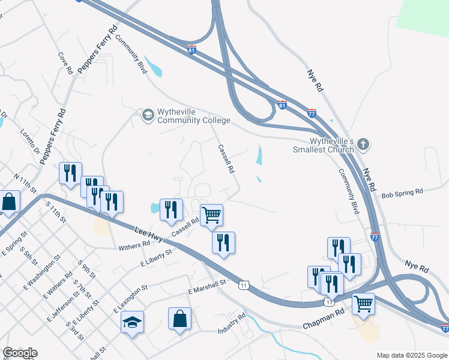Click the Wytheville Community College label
click(193, 116)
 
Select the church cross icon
click(363, 145)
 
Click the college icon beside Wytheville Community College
click(148, 114)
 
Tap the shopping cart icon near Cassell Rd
click(211, 214)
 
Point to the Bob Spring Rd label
click(402, 192)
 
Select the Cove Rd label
click(65, 63)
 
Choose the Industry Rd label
click(232, 323)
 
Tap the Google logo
click(20, 353)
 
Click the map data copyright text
click(412, 355)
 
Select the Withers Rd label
click(134, 245)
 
